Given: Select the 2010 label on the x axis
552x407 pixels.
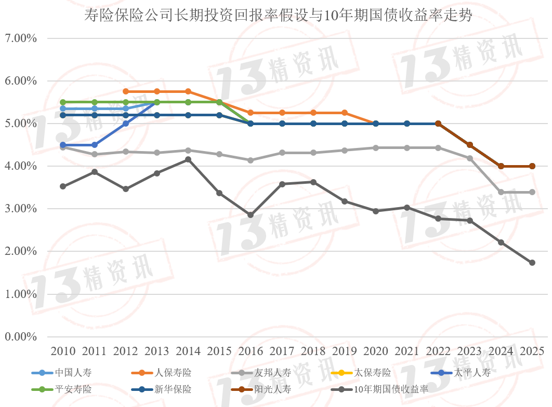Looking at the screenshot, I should pyautogui.click(x=63, y=350).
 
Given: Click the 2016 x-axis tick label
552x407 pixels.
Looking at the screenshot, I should pyautogui.click(x=251, y=350).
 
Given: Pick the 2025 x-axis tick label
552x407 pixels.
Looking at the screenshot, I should pyautogui.click(x=532, y=350).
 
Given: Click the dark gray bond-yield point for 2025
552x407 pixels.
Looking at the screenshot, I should pyautogui.click(x=532, y=263).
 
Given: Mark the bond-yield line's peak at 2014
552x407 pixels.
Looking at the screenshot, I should pyautogui.click(x=188, y=159).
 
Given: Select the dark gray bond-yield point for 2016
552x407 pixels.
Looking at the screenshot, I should pyautogui.click(x=251, y=215).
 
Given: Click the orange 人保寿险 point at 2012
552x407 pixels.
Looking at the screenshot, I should pyautogui.click(x=125, y=91).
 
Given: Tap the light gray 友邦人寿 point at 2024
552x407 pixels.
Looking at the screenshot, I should pyautogui.click(x=501, y=192).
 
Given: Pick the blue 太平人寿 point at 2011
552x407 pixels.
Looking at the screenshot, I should pyautogui.click(x=94, y=145).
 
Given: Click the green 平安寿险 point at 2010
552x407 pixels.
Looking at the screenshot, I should pyautogui.click(x=63, y=102).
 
